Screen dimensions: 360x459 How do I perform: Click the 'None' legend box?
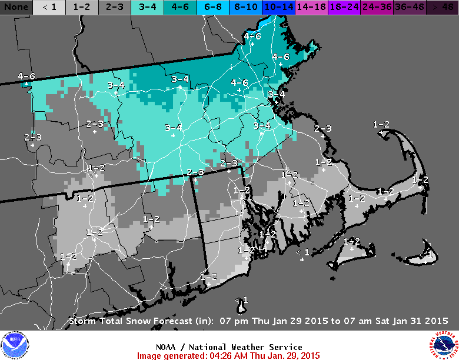[x=16, y=7]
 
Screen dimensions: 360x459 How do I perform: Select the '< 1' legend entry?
[x=49, y=7]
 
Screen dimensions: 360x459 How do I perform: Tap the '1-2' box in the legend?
[x=82, y=7]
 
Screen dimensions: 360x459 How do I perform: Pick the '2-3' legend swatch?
[x=115, y=7]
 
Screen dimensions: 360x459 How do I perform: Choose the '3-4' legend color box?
[x=148, y=7]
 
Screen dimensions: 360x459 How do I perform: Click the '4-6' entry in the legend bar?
[x=181, y=7]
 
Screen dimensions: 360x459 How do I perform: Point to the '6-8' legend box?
[x=214, y=7]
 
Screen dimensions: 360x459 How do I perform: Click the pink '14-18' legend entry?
[x=312, y=7]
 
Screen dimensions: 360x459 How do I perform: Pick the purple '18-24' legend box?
[x=345, y=7]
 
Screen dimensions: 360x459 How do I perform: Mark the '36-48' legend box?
[x=410, y=7]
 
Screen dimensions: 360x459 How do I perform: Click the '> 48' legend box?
[x=442, y=7]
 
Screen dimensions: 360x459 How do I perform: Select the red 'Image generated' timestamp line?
[x=228, y=355]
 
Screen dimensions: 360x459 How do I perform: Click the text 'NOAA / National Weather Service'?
[x=229, y=347]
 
